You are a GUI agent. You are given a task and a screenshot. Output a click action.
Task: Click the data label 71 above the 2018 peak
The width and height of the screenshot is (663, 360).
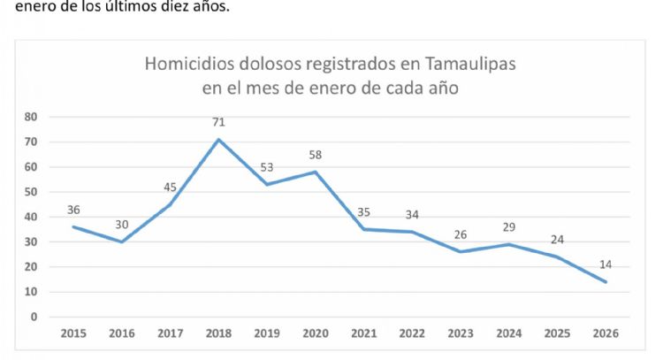pyautogui.click(x=218, y=121)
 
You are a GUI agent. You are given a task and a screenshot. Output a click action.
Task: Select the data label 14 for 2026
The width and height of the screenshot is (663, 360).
pyautogui.click(x=606, y=264)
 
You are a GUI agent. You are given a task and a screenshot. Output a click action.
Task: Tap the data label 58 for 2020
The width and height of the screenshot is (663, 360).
pyautogui.click(x=316, y=154)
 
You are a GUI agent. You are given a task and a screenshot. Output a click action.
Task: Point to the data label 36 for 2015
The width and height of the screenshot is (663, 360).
pyautogui.click(x=73, y=210)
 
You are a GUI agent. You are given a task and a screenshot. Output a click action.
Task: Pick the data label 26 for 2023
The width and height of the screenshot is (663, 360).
pyautogui.click(x=461, y=234)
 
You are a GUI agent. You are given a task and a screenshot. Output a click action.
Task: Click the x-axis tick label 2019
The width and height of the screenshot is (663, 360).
pyautogui.click(x=267, y=333)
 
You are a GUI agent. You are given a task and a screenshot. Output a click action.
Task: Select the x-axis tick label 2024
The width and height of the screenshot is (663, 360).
pyautogui.click(x=509, y=333)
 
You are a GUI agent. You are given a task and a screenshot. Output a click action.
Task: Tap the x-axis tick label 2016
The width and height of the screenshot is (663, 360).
pyautogui.click(x=122, y=333)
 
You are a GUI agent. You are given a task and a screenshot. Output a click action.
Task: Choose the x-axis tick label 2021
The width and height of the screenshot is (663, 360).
pyautogui.click(x=364, y=333)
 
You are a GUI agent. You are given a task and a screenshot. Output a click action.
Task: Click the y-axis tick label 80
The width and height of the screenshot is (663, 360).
pyautogui.click(x=32, y=117)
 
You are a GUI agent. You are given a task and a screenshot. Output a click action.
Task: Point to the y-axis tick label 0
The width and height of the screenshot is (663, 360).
pyautogui.click(x=34, y=317)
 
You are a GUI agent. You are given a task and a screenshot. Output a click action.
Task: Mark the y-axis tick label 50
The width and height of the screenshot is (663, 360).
pyautogui.click(x=32, y=192)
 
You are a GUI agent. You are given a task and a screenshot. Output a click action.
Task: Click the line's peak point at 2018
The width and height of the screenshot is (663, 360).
pyautogui.click(x=218, y=139)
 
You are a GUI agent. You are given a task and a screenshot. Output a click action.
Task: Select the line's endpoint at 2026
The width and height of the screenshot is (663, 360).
pyautogui.click(x=606, y=282)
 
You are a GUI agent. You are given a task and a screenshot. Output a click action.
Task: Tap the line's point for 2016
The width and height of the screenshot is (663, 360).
pyautogui.click(x=122, y=241)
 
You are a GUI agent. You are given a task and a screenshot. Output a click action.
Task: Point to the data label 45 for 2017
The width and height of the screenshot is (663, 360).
pyautogui.click(x=170, y=187)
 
